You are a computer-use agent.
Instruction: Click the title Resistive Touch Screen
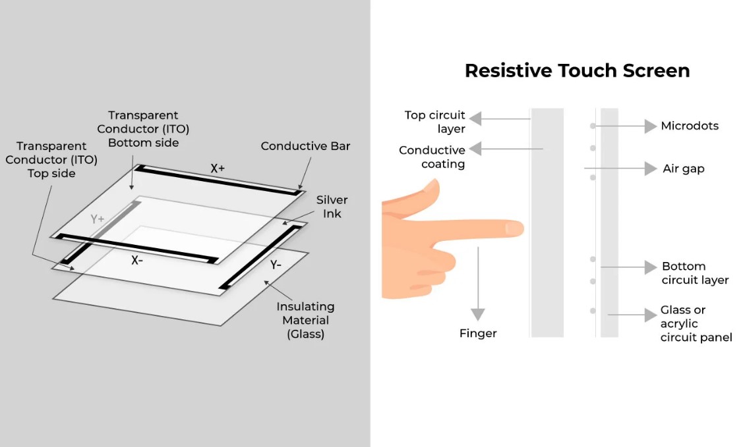click(577, 70)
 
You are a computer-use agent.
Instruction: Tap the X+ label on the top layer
click(218, 169)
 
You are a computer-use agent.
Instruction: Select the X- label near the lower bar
click(136, 260)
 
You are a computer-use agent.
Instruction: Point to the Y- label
click(276, 265)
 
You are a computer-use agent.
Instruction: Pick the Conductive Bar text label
click(305, 146)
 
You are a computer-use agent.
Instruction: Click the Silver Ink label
click(332, 207)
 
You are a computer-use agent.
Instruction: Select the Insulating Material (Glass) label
click(305, 320)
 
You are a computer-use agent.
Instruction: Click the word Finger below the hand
click(478, 334)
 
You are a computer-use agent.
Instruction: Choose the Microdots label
click(690, 126)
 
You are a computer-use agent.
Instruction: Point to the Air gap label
click(684, 169)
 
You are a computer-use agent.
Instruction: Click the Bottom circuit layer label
click(695, 273)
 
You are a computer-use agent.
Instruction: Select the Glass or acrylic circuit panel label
click(696, 323)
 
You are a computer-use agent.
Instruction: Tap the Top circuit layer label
click(435, 122)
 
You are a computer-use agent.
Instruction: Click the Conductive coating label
click(432, 157)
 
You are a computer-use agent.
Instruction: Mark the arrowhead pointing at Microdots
click(651, 126)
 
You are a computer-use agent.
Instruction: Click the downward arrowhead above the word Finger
click(478, 314)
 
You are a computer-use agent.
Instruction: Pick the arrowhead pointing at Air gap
click(651, 169)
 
